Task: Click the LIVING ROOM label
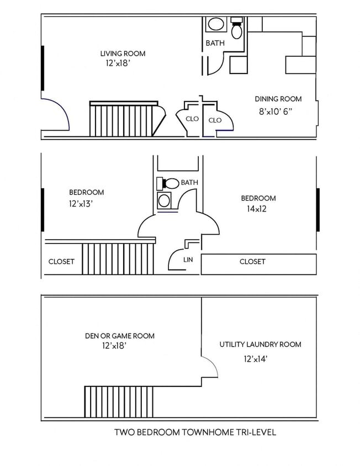(123, 54)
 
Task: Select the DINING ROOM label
(278, 99)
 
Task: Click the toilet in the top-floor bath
(237, 29)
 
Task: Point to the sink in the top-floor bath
(216, 25)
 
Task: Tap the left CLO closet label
(192, 119)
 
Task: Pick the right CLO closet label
(215, 120)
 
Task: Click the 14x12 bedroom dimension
(257, 209)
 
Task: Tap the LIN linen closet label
(188, 258)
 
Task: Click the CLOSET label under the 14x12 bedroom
(252, 262)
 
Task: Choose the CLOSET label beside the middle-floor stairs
(61, 262)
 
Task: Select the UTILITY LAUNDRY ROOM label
(261, 345)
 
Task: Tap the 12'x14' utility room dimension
(256, 359)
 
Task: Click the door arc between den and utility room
(210, 366)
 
